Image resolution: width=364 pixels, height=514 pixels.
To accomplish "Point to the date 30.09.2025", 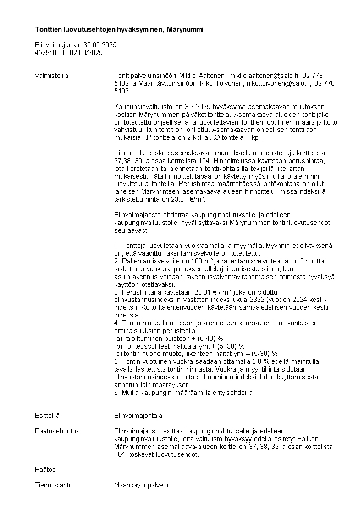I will pos(100,45).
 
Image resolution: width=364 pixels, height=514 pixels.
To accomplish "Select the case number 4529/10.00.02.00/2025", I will pos(69,53).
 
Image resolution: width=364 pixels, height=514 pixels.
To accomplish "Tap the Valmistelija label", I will pos(51,76).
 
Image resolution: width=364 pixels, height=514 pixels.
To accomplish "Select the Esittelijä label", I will pos(47,416).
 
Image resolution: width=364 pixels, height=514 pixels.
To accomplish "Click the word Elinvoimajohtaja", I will pos(138,416).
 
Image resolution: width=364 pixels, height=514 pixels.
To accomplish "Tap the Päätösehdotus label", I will pos(57,431).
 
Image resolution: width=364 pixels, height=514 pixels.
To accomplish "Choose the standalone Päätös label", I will pos(45,470).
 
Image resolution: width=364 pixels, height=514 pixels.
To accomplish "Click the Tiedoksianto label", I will pos(53,485).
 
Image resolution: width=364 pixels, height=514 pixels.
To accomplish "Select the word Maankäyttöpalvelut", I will pos(142,485).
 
